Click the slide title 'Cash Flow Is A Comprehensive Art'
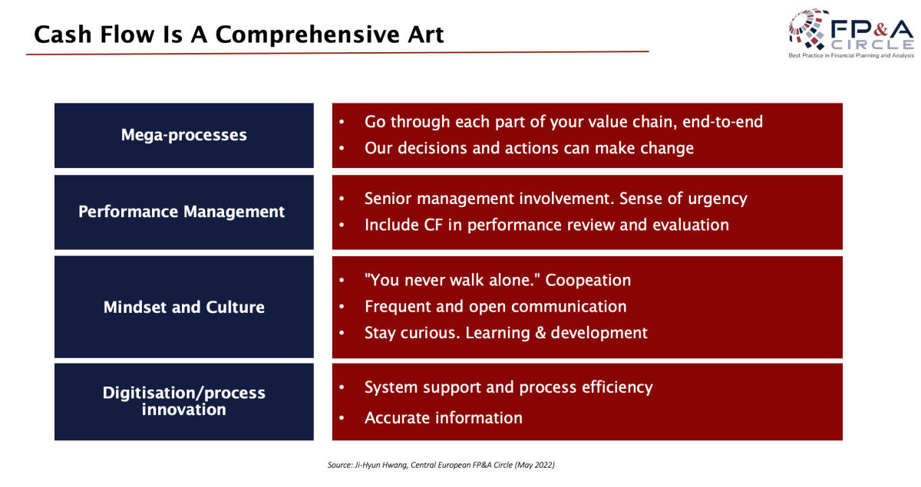point(239,35)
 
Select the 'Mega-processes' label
point(183,135)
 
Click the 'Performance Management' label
point(181,212)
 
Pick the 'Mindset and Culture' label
point(183,307)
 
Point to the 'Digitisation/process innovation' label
point(183,401)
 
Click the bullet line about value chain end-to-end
point(563,122)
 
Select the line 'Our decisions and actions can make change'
point(529,148)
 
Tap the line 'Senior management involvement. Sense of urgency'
point(556,199)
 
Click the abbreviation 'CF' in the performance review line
point(433,225)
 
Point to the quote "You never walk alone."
point(452,280)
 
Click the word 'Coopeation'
point(588,281)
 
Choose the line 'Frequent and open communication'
point(496,307)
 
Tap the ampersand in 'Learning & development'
point(540,333)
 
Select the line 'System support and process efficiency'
point(509,387)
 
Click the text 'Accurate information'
point(444,418)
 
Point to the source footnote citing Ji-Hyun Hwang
point(441,465)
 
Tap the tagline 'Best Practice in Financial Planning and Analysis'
point(851,55)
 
